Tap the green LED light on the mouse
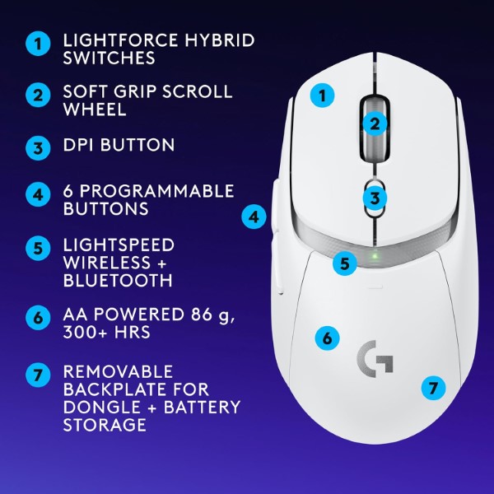click(375, 254)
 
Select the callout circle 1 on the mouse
click(323, 96)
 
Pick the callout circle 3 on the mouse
click(375, 198)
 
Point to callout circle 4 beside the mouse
click(254, 217)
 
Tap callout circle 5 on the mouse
click(345, 264)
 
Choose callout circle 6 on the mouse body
click(327, 338)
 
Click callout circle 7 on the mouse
click(433, 385)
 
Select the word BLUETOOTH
click(118, 280)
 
